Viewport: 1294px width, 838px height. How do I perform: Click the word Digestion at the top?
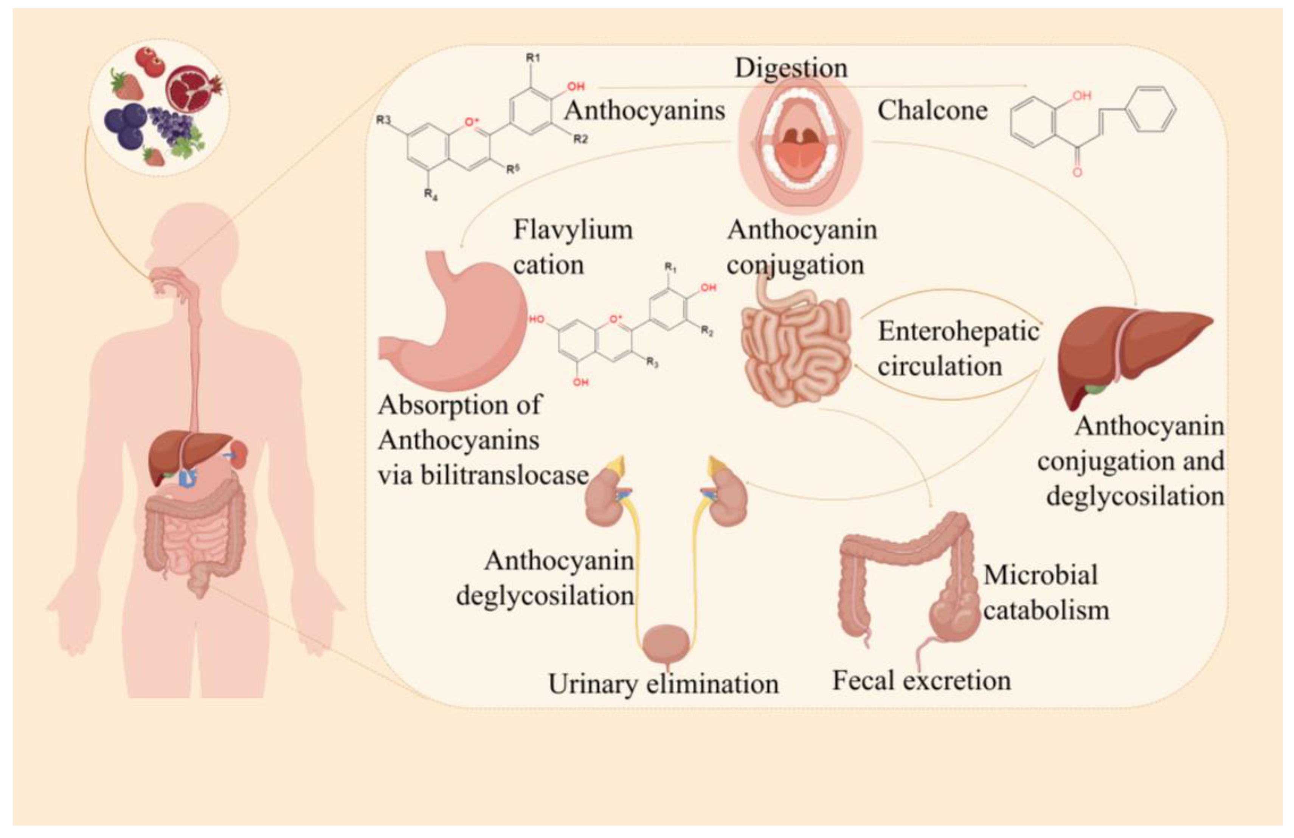(x=791, y=68)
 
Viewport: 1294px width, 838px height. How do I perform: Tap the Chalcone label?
(x=932, y=111)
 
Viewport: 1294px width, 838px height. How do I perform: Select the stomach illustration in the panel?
(x=457, y=326)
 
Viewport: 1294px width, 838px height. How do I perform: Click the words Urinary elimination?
(x=663, y=684)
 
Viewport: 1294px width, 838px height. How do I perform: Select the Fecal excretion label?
(x=922, y=681)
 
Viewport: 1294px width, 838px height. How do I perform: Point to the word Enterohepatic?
(x=958, y=331)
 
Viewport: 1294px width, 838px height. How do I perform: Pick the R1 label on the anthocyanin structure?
(x=533, y=57)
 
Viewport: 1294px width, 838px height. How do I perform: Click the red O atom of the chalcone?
(x=1077, y=172)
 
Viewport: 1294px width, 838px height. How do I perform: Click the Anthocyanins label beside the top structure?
(x=644, y=111)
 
